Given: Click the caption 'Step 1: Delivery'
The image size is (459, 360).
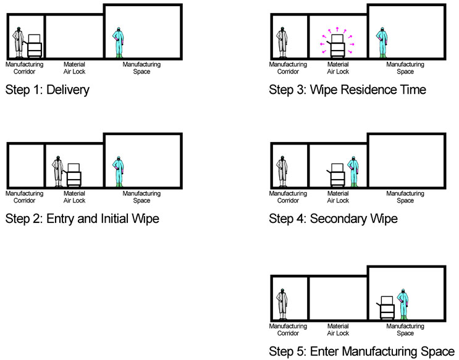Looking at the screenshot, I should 48,90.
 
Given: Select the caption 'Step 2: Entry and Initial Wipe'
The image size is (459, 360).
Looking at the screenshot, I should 82,218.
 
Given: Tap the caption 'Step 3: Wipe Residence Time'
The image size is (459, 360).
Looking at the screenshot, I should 347,90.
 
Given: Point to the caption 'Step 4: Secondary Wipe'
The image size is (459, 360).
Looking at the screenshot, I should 333,218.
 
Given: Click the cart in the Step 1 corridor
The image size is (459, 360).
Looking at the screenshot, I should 35,45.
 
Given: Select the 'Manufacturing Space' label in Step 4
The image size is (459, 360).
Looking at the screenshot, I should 405,197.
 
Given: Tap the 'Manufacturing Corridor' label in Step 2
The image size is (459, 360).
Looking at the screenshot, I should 25,197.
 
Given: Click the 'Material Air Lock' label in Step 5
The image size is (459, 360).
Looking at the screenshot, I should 338,329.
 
